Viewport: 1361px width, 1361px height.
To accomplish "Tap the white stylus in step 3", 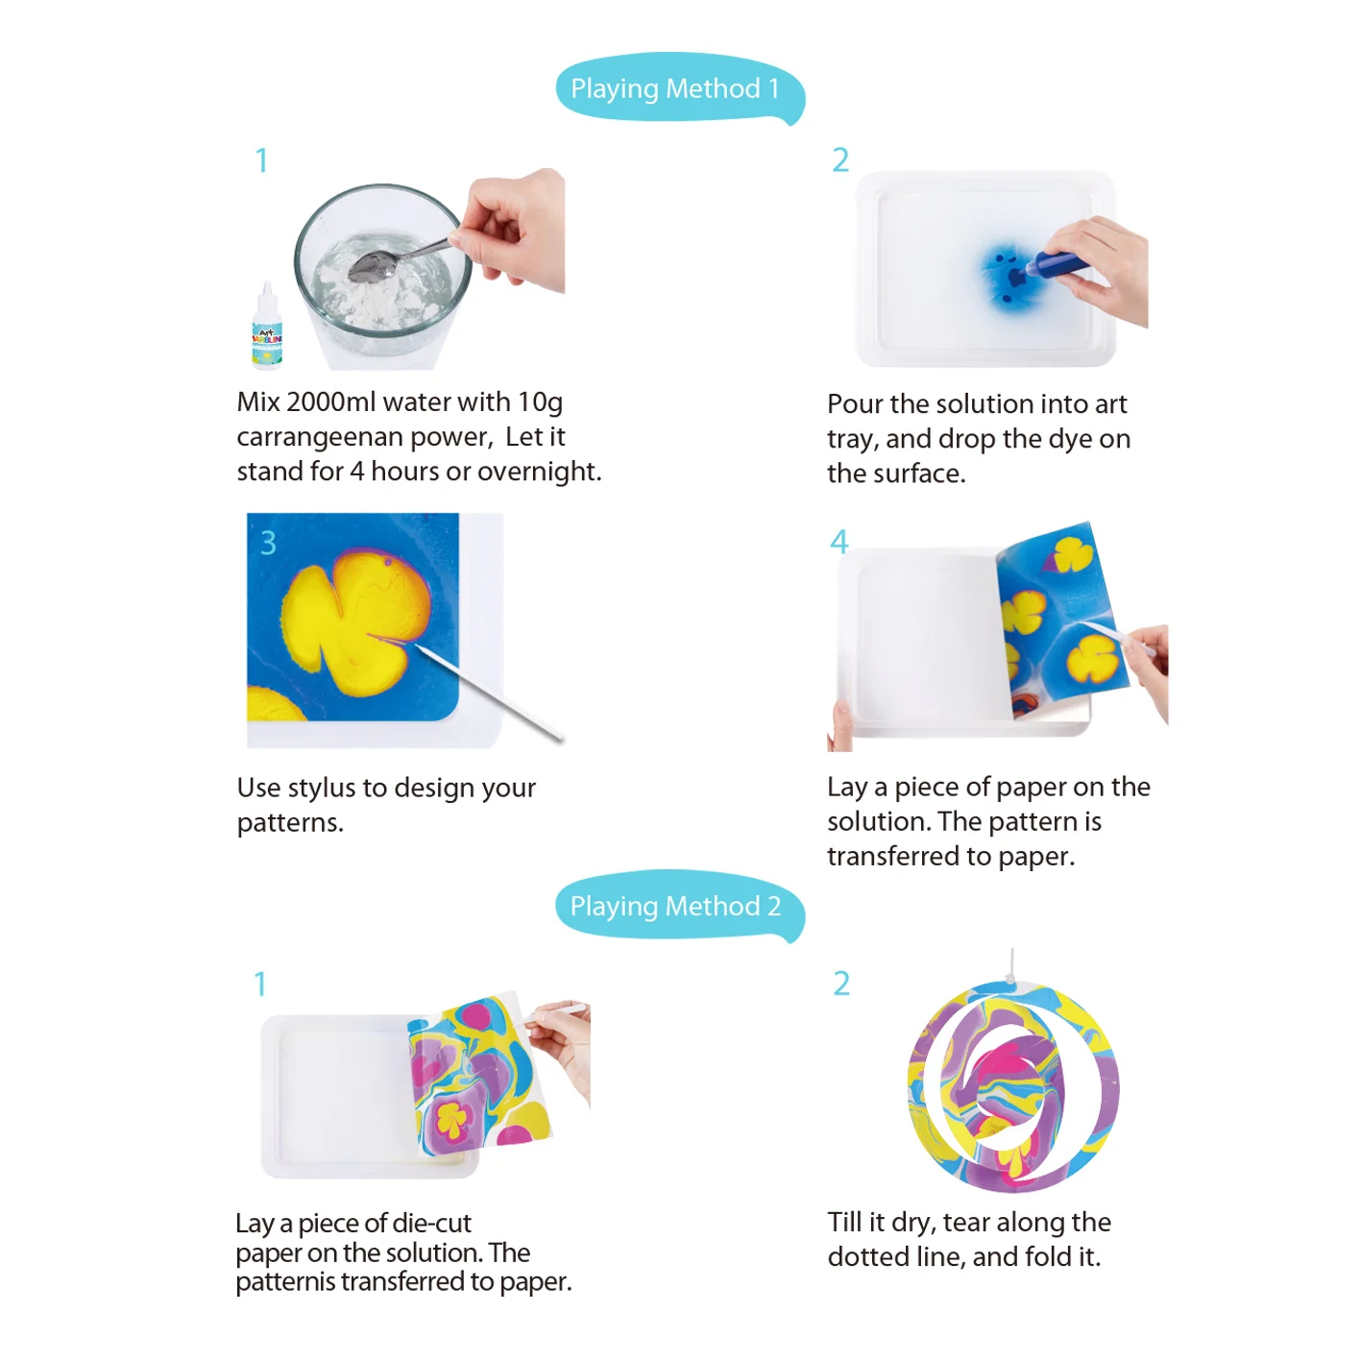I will tap(490, 693).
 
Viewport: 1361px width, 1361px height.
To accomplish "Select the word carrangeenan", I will tap(320, 437).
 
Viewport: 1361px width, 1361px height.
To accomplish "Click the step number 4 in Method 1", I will tap(838, 543).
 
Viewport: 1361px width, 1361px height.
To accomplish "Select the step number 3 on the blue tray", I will tap(268, 544).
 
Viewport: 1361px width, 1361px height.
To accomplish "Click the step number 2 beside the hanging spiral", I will tap(841, 984).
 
